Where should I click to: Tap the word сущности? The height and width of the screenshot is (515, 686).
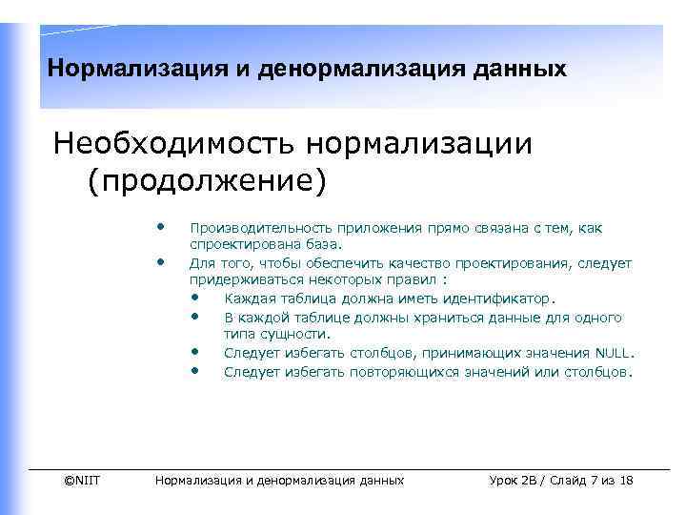(296, 334)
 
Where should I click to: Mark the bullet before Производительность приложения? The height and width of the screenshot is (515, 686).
(162, 227)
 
